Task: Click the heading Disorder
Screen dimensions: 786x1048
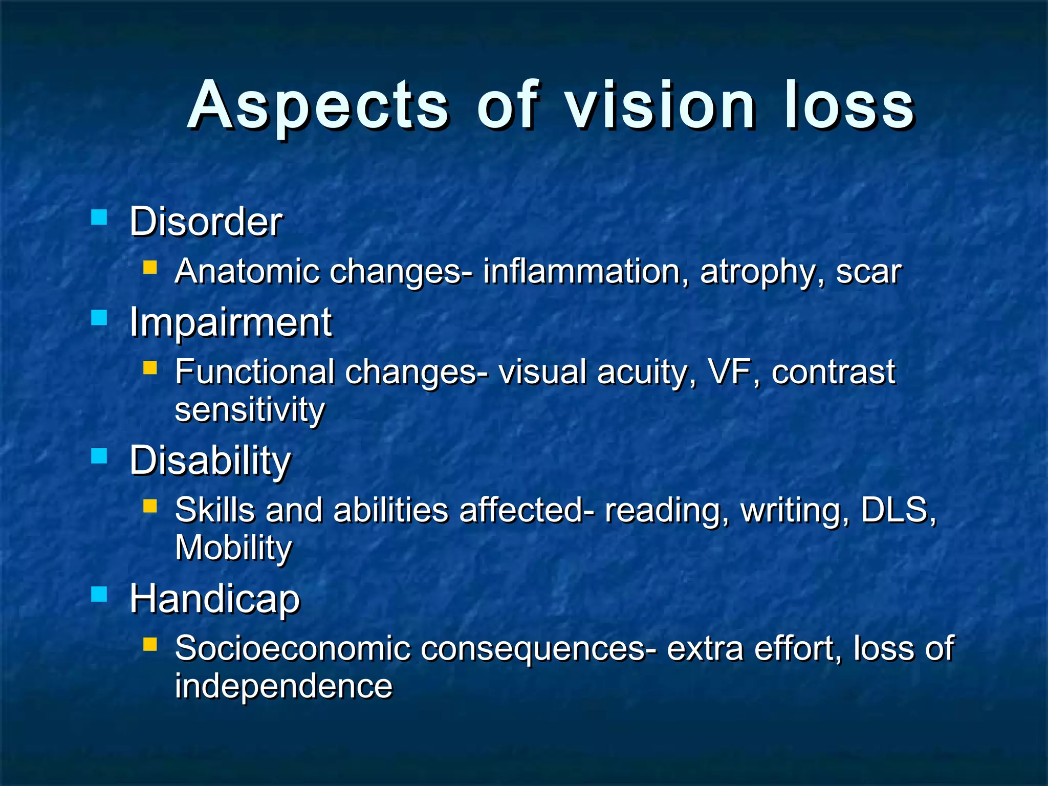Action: (x=205, y=222)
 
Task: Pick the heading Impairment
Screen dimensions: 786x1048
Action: (x=230, y=322)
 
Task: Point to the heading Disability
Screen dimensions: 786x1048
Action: (x=210, y=461)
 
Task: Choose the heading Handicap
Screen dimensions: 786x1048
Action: (x=214, y=599)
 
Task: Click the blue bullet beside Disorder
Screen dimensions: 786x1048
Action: (x=99, y=217)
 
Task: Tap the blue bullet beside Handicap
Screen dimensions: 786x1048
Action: (x=99, y=594)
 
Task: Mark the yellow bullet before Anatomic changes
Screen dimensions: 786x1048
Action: (x=150, y=267)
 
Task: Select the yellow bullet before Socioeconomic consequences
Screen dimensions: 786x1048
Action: (x=150, y=644)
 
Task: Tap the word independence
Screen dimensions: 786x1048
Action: (x=283, y=686)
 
